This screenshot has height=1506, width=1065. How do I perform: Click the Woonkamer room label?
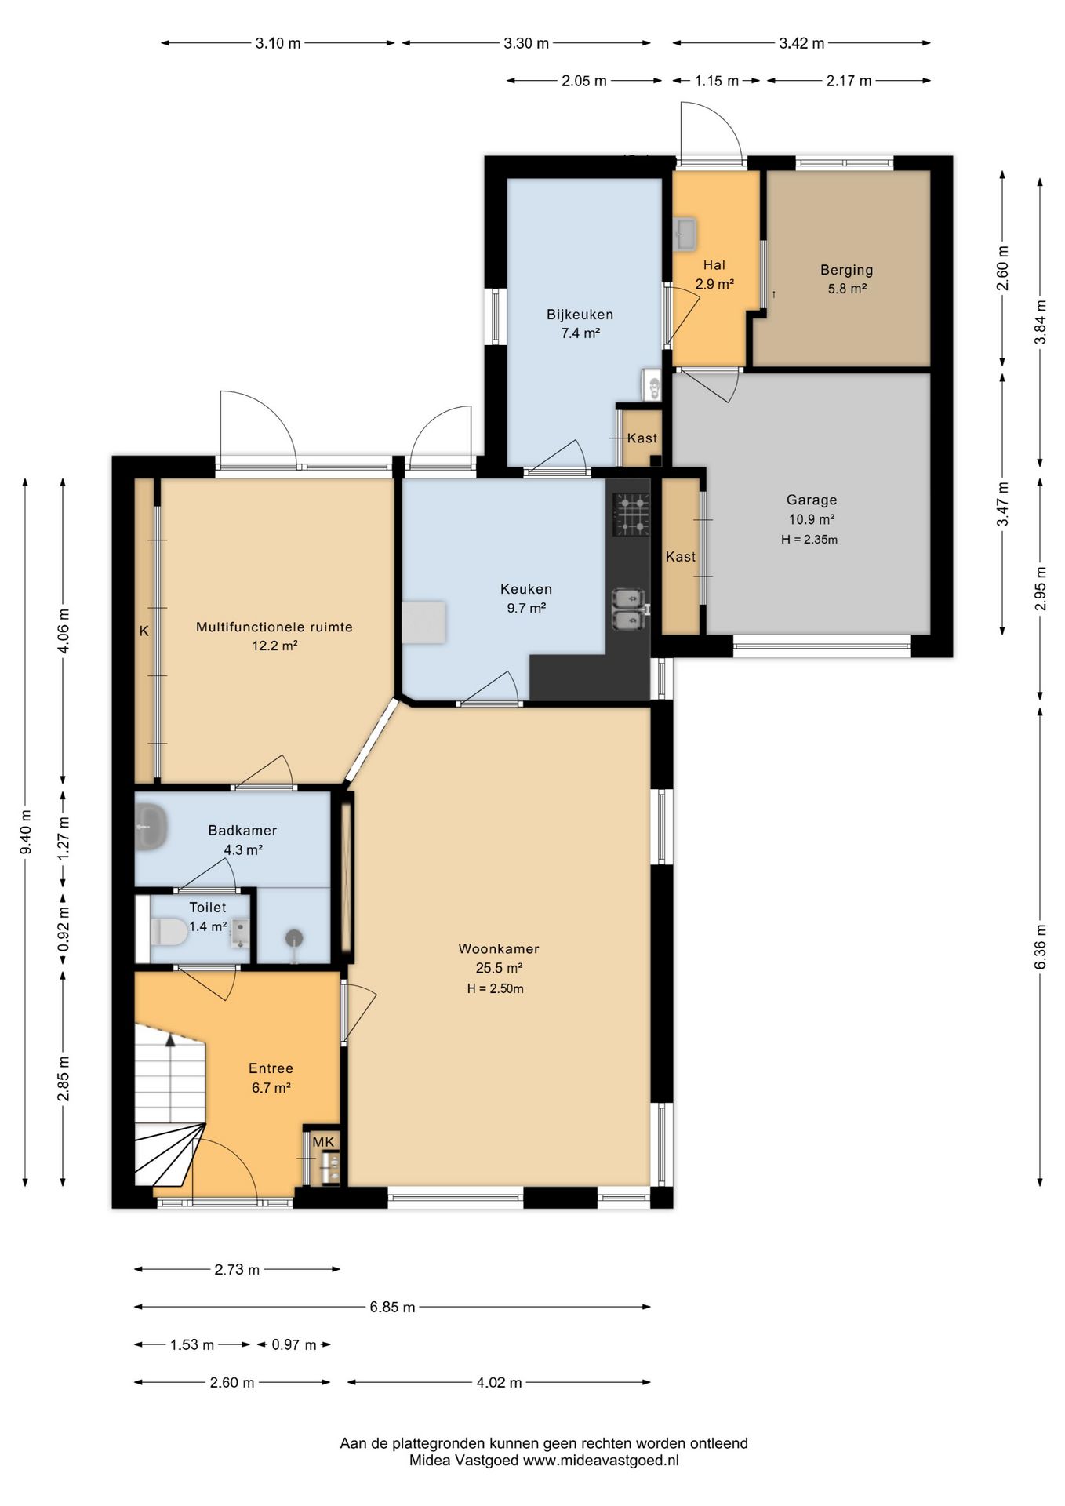[x=499, y=948]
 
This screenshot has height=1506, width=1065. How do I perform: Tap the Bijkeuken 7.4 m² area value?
[x=580, y=333]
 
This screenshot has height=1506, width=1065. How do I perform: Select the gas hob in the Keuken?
[x=631, y=514]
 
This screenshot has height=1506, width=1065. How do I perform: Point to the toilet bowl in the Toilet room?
[x=168, y=932]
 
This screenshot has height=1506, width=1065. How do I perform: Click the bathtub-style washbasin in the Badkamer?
[x=151, y=826]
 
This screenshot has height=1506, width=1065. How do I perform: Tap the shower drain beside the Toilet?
[x=294, y=937]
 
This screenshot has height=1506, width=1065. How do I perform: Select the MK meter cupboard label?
[x=323, y=1142]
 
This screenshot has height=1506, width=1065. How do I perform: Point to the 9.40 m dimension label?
[x=26, y=831]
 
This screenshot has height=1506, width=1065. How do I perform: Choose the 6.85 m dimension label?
[x=392, y=1307]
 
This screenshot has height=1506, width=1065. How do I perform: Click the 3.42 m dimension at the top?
[x=801, y=43]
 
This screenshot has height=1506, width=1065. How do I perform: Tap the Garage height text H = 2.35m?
[x=809, y=540]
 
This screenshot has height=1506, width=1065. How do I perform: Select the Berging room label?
[x=846, y=270]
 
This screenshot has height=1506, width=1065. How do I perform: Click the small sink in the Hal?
[x=685, y=234]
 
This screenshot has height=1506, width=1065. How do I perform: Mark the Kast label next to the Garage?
[x=680, y=557]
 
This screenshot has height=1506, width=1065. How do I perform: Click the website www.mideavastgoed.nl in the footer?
[x=601, y=1461]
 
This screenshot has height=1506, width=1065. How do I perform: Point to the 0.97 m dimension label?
[x=294, y=1345]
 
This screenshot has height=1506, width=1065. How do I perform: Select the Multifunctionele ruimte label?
[x=274, y=627]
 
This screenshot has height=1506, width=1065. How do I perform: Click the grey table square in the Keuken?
[x=424, y=623]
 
